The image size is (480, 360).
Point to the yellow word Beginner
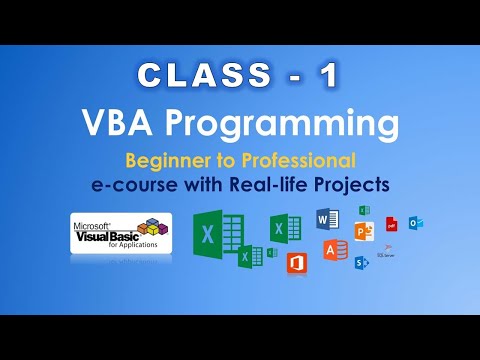(165, 160)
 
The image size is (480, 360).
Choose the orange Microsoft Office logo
(296, 262)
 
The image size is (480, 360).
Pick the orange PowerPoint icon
(363, 231)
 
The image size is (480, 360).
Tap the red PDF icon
(392, 222)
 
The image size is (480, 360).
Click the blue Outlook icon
(415, 222)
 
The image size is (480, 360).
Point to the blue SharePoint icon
(361, 262)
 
